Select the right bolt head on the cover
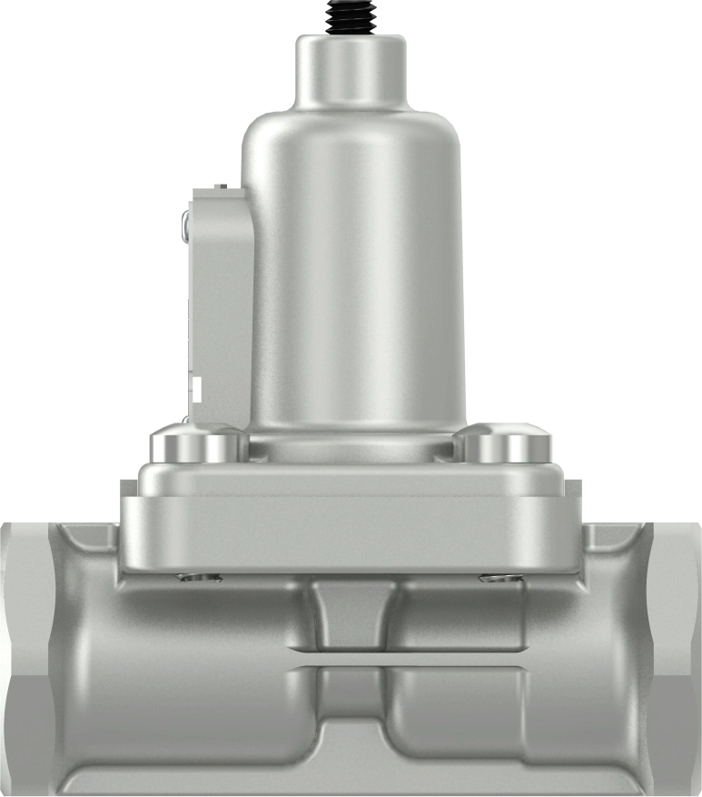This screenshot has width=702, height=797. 506,445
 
